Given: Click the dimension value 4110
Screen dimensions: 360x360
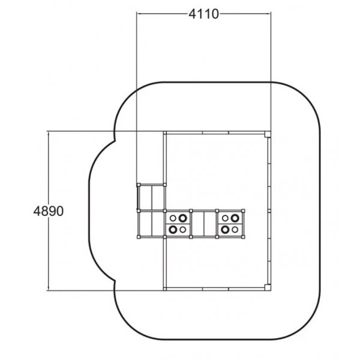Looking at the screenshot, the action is pos(203,14).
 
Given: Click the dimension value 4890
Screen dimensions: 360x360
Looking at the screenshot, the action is pos(49,211).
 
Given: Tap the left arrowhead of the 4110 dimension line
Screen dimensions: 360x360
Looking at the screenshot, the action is pos(139,14).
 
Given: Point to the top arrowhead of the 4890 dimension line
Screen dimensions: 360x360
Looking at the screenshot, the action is pos(48,133).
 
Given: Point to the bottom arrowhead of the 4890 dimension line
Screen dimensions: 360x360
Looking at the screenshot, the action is pos(48,289).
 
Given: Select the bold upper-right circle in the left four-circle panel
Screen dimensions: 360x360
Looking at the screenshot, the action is pos(183,218).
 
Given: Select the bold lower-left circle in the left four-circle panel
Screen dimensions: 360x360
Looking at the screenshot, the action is pos(173,229).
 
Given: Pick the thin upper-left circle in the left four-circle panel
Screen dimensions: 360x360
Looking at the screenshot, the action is pos(173,218).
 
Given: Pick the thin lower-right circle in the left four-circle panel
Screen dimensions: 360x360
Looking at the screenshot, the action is pos(183,229).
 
